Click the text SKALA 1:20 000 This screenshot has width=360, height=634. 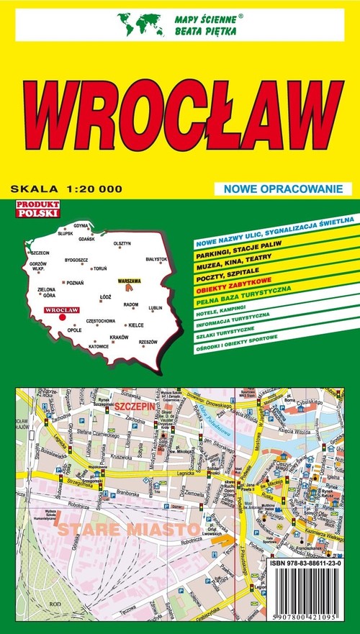(66, 189)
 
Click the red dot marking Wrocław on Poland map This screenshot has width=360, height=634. (63, 315)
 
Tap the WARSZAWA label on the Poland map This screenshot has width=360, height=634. (130, 279)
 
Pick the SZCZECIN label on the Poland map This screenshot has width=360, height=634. (40, 253)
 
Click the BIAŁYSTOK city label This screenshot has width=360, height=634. (156, 259)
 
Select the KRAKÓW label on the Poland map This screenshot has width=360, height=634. (119, 337)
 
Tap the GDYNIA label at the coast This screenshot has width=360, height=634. (81, 225)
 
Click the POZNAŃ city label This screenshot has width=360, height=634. (74, 282)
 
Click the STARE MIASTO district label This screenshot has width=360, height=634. (105, 530)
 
